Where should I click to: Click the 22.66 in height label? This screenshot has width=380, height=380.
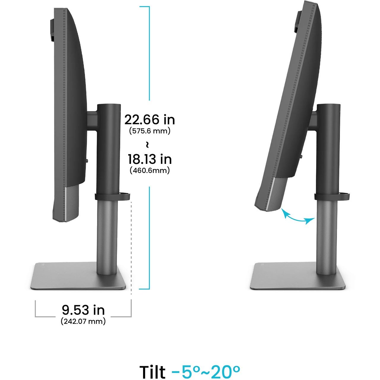click(x=150, y=120)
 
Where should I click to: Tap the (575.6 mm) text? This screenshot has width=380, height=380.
click(x=150, y=131)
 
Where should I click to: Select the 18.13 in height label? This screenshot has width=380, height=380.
click(x=150, y=159)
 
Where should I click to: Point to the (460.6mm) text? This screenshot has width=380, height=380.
click(x=150, y=170)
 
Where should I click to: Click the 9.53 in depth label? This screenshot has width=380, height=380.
click(x=83, y=310)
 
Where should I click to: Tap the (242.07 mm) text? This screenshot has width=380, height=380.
click(x=83, y=322)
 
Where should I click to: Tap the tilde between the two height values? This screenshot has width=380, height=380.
click(x=147, y=145)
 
